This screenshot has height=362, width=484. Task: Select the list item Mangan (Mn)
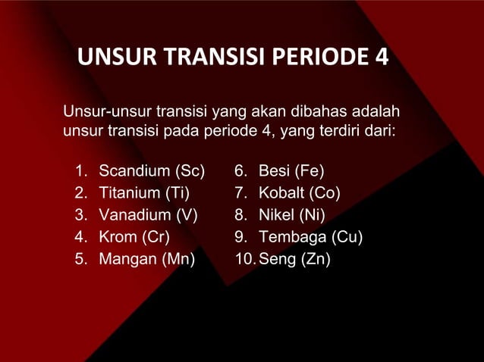146,260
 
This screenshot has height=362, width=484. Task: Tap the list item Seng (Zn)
294,260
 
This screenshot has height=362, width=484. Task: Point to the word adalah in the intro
375,114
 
